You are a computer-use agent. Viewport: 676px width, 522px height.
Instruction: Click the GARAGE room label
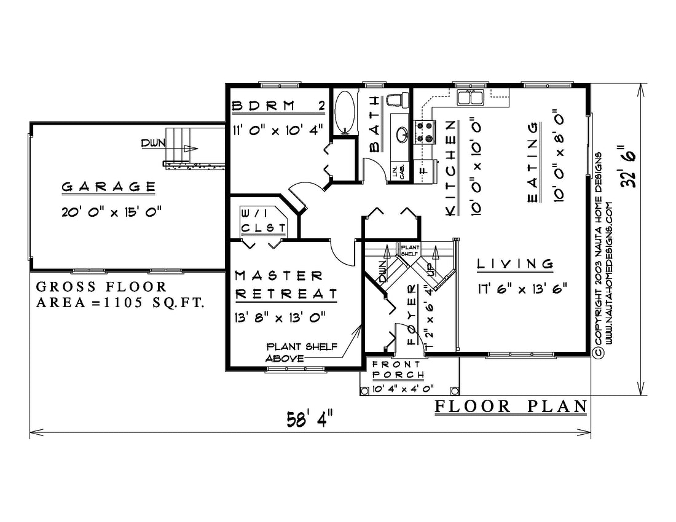pos(109,187)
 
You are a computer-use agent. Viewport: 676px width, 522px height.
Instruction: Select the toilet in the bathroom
pos(398,100)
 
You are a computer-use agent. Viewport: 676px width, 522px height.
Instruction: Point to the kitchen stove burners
pos(421,132)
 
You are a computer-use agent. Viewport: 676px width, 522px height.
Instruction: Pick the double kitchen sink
pos(471,98)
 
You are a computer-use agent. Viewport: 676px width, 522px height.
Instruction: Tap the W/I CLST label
pos(264,220)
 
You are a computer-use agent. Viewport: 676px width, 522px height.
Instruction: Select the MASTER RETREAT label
pos(285,285)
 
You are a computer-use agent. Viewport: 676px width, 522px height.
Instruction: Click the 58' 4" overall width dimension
pos(310,418)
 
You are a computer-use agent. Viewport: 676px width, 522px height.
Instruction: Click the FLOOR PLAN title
pos(511,406)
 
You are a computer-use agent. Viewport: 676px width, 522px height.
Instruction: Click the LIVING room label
pos(515,263)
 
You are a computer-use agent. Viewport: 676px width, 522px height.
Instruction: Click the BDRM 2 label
pos(278,106)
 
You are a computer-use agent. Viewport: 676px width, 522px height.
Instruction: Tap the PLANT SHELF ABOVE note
pos(301,352)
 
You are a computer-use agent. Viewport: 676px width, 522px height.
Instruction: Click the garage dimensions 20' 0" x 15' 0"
pos(111,212)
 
